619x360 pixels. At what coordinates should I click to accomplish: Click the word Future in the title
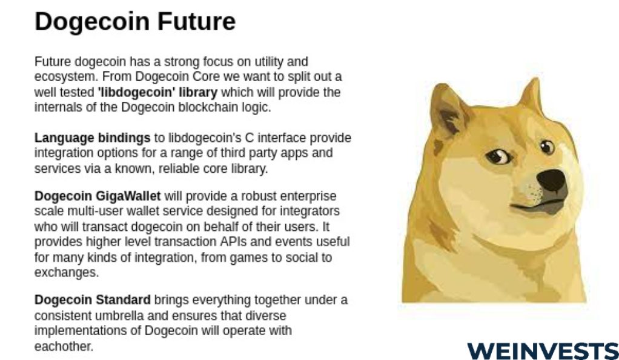[196, 21]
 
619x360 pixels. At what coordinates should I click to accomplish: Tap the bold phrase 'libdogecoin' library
[157, 93]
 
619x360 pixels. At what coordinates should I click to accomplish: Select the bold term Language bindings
[93, 138]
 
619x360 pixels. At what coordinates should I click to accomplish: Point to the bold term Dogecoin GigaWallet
[98, 196]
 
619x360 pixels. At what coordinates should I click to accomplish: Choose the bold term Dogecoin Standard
[93, 300]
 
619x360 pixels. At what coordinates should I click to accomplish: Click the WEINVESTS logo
[543, 351]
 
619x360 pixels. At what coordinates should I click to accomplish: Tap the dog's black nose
[552, 180]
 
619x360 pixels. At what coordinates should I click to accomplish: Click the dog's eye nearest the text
[498, 156]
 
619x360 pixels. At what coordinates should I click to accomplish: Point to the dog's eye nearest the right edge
[547, 147]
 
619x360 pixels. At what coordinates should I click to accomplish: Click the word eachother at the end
[63, 347]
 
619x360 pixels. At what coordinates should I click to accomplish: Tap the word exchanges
[67, 273]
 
